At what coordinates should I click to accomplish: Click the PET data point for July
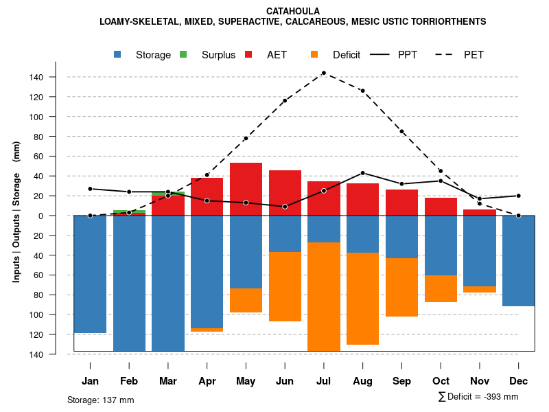click(323, 73)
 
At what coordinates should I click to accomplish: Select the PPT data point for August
click(362, 173)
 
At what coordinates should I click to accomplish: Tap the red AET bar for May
click(246, 189)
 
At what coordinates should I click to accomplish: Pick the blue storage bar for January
click(90, 274)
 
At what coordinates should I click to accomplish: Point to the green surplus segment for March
click(168, 194)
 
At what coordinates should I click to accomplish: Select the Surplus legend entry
click(218, 55)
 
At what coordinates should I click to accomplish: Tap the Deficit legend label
click(347, 55)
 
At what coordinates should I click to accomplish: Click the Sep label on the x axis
click(401, 381)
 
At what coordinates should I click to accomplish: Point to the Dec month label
click(518, 381)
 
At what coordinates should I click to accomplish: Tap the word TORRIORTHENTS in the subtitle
click(452, 21)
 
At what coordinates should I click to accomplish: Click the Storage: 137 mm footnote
click(101, 400)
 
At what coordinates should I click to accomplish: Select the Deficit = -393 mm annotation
click(478, 397)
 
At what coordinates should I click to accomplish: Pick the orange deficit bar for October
click(441, 288)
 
